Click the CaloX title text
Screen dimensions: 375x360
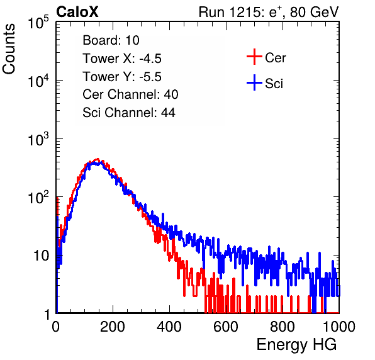point(77,12)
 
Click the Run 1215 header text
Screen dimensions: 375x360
point(269,12)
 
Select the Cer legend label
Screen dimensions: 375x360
point(275,58)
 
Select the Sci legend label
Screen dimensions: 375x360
point(274,84)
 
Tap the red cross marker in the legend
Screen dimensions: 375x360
point(254,57)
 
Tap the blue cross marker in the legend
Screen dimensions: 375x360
point(254,82)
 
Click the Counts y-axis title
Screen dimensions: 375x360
point(9,49)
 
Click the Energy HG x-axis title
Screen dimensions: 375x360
point(296,345)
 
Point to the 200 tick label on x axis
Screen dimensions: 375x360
point(113,327)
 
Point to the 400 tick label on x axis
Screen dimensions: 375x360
point(169,327)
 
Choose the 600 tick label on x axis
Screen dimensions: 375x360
point(226,327)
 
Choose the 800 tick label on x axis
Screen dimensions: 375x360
point(283,327)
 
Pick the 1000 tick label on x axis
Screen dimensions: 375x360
point(339,327)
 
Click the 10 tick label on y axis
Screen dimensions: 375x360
point(41,256)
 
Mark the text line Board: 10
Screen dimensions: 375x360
point(111,40)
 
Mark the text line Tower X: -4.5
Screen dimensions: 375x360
point(122,59)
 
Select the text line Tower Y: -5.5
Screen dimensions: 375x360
point(122,77)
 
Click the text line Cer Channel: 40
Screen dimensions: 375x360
point(130,94)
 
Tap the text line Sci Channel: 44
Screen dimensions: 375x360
point(129,113)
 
